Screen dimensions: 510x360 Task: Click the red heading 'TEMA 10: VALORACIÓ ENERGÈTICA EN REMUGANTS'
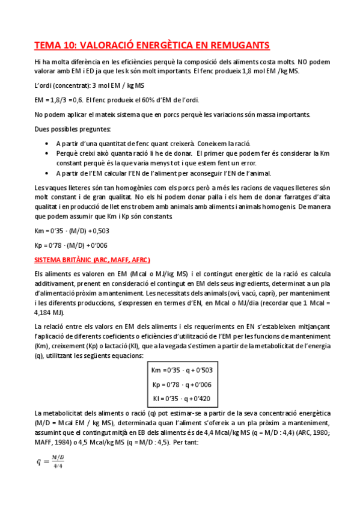point(151,46)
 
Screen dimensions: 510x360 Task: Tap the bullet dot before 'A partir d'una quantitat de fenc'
point(48,143)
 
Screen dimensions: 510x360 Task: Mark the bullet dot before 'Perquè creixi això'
point(48,153)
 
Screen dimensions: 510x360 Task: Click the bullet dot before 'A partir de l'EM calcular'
point(48,173)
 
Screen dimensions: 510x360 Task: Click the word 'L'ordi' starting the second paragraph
point(43,85)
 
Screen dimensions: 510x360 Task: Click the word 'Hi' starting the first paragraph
point(38,61)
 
